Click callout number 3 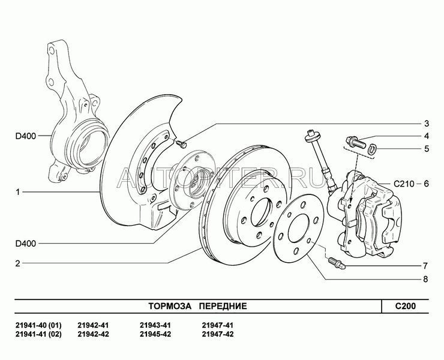[x=427, y=124]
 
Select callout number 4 [x=427, y=136]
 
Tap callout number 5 [x=427, y=149]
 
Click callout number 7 [x=425, y=266]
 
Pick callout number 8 [x=425, y=279]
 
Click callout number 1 [x=18, y=192]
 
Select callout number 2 [x=18, y=263]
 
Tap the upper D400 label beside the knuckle [x=26, y=136]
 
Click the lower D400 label [x=26, y=244]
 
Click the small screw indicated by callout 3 [x=181, y=144]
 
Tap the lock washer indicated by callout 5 [x=372, y=149]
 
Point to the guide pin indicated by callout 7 [x=337, y=263]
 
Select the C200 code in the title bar [x=406, y=306]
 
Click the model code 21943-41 [x=155, y=325]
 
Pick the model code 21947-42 [x=218, y=334]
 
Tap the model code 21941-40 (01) [x=38, y=325]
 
